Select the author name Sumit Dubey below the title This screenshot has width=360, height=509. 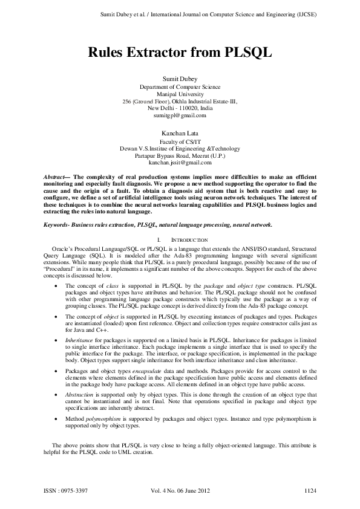click(180, 80)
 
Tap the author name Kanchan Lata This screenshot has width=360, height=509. click(180, 132)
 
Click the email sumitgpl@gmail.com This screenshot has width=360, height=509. click(180, 115)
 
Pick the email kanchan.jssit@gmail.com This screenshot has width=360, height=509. click(180, 163)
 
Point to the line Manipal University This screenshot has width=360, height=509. click(180, 94)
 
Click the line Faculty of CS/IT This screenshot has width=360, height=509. click(180, 140)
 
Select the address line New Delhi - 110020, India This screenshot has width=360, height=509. click(180, 108)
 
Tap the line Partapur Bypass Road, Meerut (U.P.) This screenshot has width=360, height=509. click(180, 155)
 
